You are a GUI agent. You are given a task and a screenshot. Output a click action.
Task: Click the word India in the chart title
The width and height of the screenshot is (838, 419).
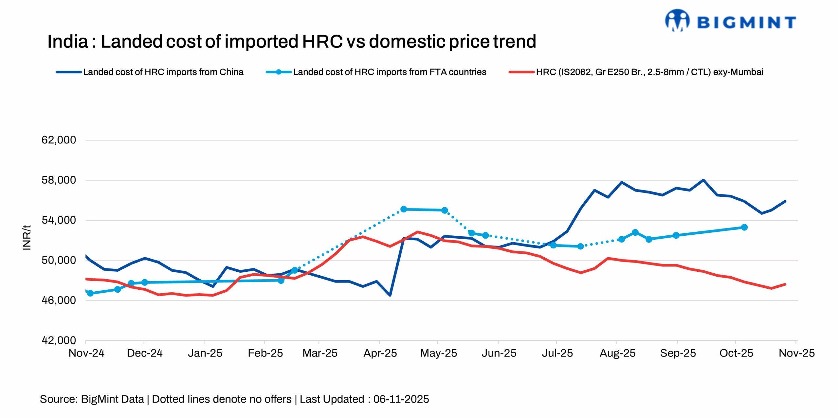click(x=67, y=42)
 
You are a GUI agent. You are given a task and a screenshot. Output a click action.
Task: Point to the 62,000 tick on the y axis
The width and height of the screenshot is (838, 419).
click(x=59, y=140)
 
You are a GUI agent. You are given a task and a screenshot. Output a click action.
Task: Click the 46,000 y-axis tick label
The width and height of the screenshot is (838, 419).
click(x=59, y=300)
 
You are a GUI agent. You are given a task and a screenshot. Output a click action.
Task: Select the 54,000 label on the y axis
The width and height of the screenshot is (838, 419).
click(x=59, y=220)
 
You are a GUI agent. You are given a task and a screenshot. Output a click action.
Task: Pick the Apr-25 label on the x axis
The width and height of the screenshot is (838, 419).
click(x=380, y=353)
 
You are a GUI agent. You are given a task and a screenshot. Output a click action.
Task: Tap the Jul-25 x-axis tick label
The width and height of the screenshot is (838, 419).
click(x=557, y=353)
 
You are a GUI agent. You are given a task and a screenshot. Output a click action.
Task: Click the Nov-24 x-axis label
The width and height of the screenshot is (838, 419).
click(x=86, y=353)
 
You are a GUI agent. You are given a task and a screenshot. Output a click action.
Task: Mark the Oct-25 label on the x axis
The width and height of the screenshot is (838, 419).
click(x=736, y=353)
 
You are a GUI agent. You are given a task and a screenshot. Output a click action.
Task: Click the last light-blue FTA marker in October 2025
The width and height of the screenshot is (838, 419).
click(x=744, y=227)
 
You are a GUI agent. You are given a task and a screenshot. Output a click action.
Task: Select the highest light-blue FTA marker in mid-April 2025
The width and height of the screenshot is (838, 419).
click(x=404, y=209)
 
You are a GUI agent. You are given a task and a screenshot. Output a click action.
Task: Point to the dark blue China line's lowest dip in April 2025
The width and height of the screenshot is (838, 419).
click(x=390, y=295)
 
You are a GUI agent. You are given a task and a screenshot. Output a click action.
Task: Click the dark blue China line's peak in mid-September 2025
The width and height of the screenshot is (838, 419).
click(x=703, y=180)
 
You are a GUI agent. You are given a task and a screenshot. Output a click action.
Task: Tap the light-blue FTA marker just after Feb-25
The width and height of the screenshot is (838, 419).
click(x=281, y=281)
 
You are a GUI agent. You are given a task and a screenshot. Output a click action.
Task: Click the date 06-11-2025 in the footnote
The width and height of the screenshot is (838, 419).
click(x=401, y=399)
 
